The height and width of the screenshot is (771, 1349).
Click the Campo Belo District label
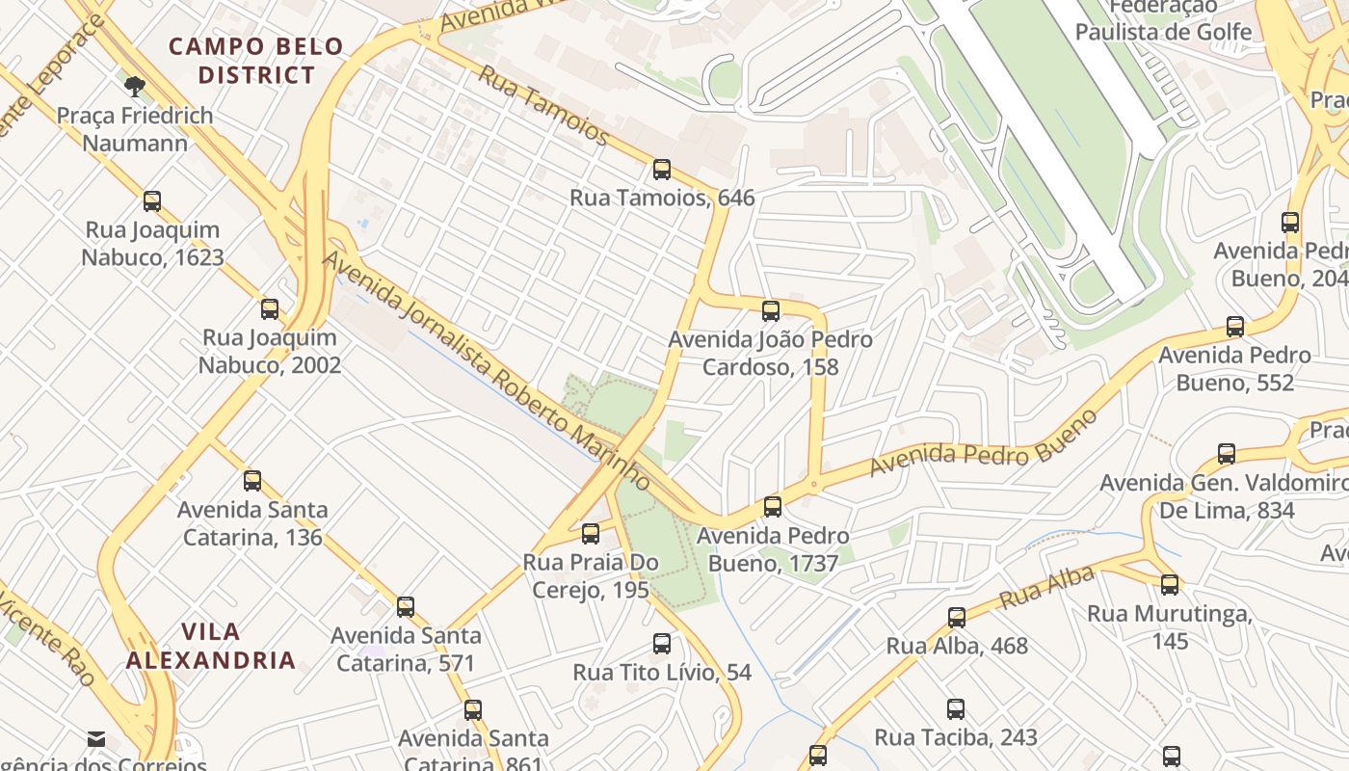click(255, 61)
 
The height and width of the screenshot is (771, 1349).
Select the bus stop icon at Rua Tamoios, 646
click(662, 170)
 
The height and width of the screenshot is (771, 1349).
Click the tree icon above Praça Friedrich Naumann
click(135, 87)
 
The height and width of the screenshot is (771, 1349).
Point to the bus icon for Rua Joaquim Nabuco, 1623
click(152, 201)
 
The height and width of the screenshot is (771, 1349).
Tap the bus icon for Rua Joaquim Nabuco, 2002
click(270, 309)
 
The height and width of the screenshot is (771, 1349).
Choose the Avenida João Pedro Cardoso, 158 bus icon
click(771, 311)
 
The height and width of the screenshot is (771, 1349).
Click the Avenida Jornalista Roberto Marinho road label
click(486, 368)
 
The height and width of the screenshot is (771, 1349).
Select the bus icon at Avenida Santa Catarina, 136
click(252, 481)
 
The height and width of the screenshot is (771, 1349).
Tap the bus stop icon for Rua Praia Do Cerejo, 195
click(591, 534)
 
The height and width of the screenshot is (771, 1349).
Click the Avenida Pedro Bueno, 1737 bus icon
click(773, 507)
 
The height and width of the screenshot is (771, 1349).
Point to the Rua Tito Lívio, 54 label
click(662, 673)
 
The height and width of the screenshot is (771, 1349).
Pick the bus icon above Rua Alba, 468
click(957, 618)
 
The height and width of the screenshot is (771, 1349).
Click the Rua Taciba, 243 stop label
click(955, 738)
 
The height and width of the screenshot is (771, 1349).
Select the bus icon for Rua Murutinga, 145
click(1170, 585)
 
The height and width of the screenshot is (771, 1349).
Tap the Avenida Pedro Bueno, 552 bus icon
click(1235, 327)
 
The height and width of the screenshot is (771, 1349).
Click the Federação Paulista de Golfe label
click(1163, 21)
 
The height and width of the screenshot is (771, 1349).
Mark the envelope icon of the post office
click(96, 740)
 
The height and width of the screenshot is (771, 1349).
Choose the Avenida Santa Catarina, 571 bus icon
click(406, 607)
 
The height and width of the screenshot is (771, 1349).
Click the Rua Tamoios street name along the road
click(543, 105)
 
